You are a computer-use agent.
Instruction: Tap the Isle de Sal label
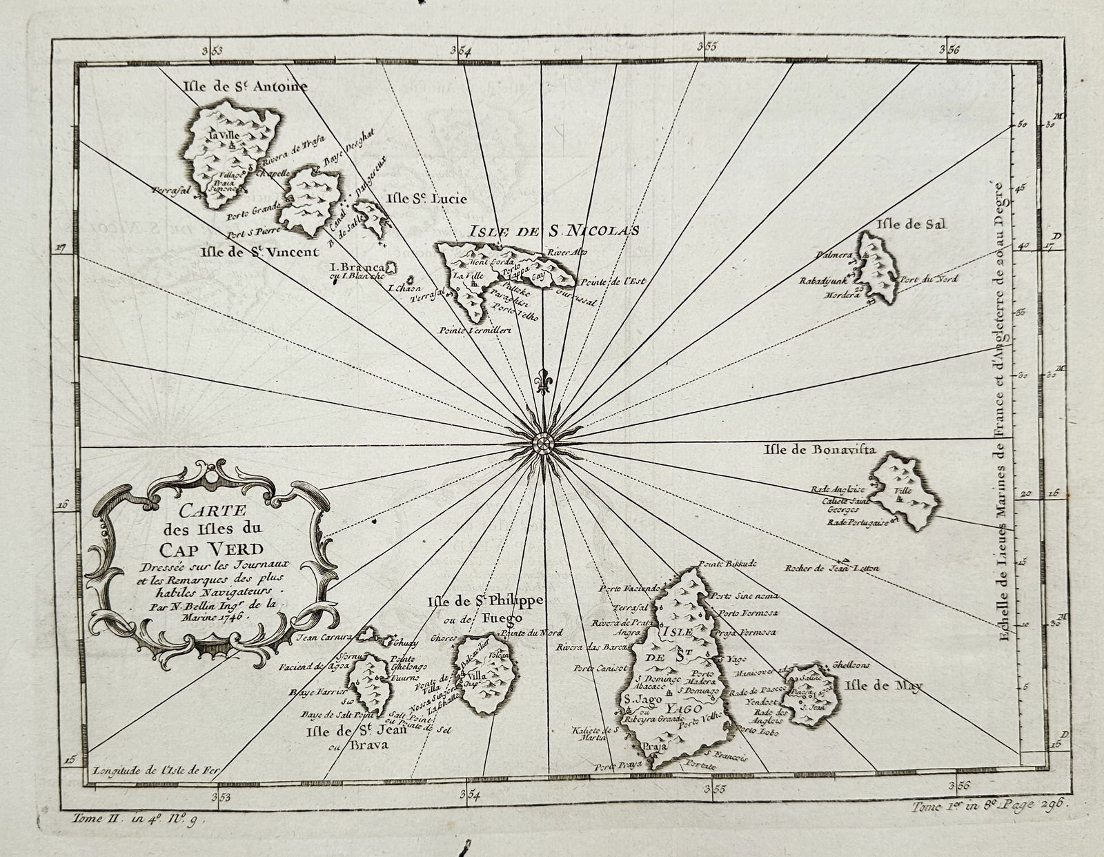tap(910, 224)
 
